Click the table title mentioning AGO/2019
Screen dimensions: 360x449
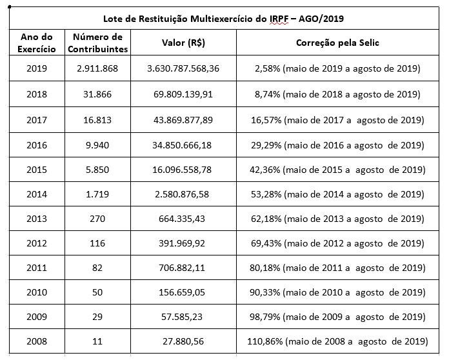click(x=224, y=18)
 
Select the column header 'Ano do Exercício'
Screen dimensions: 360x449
click(x=37, y=43)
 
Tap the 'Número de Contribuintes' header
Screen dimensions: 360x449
click(x=97, y=43)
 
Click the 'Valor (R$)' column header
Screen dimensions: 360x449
click(x=183, y=43)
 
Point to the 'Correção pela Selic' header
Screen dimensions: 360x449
click(x=337, y=43)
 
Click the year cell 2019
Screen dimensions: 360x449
click(x=37, y=68)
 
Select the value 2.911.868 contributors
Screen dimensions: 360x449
click(x=97, y=68)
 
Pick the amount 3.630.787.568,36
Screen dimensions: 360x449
click(x=183, y=68)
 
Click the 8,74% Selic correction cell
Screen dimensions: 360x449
click(x=337, y=94)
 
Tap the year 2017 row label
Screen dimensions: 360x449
click(x=37, y=120)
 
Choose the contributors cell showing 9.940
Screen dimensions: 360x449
click(x=97, y=145)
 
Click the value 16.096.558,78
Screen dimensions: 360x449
click(x=183, y=170)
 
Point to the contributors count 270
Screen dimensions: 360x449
click(x=97, y=219)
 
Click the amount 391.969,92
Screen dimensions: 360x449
click(x=183, y=244)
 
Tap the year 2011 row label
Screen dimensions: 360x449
click(x=37, y=268)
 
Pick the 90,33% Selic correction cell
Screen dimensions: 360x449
click(x=337, y=292)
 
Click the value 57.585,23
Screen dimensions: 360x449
click(x=183, y=317)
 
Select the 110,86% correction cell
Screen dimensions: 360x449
click(x=337, y=341)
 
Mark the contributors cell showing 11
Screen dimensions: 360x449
click(x=97, y=341)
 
